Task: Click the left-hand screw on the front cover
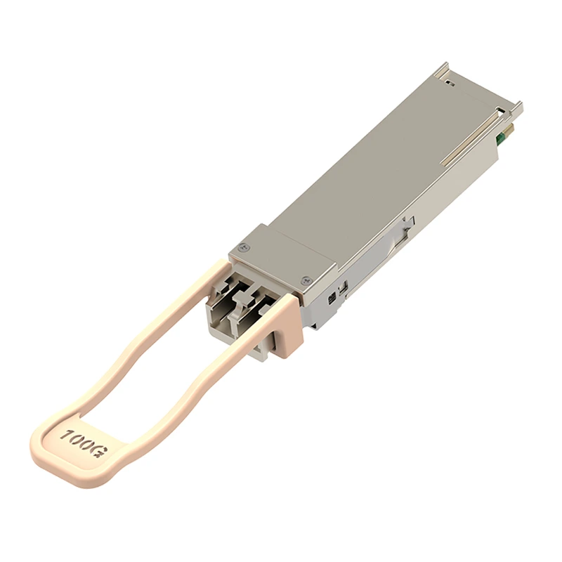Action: pyautogui.click(x=244, y=247)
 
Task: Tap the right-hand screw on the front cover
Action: pyautogui.click(x=305, y=280)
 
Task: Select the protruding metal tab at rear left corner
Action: pyautogui.click(x=440, y=70)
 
